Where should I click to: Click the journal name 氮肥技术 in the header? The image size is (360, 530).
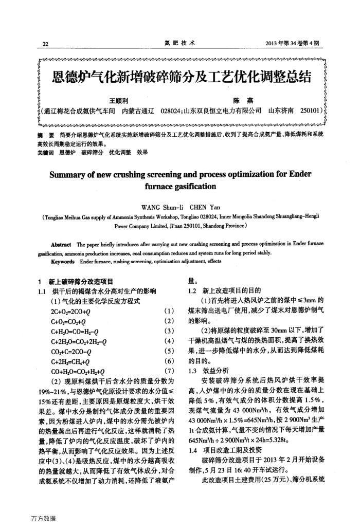pos(180,43)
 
